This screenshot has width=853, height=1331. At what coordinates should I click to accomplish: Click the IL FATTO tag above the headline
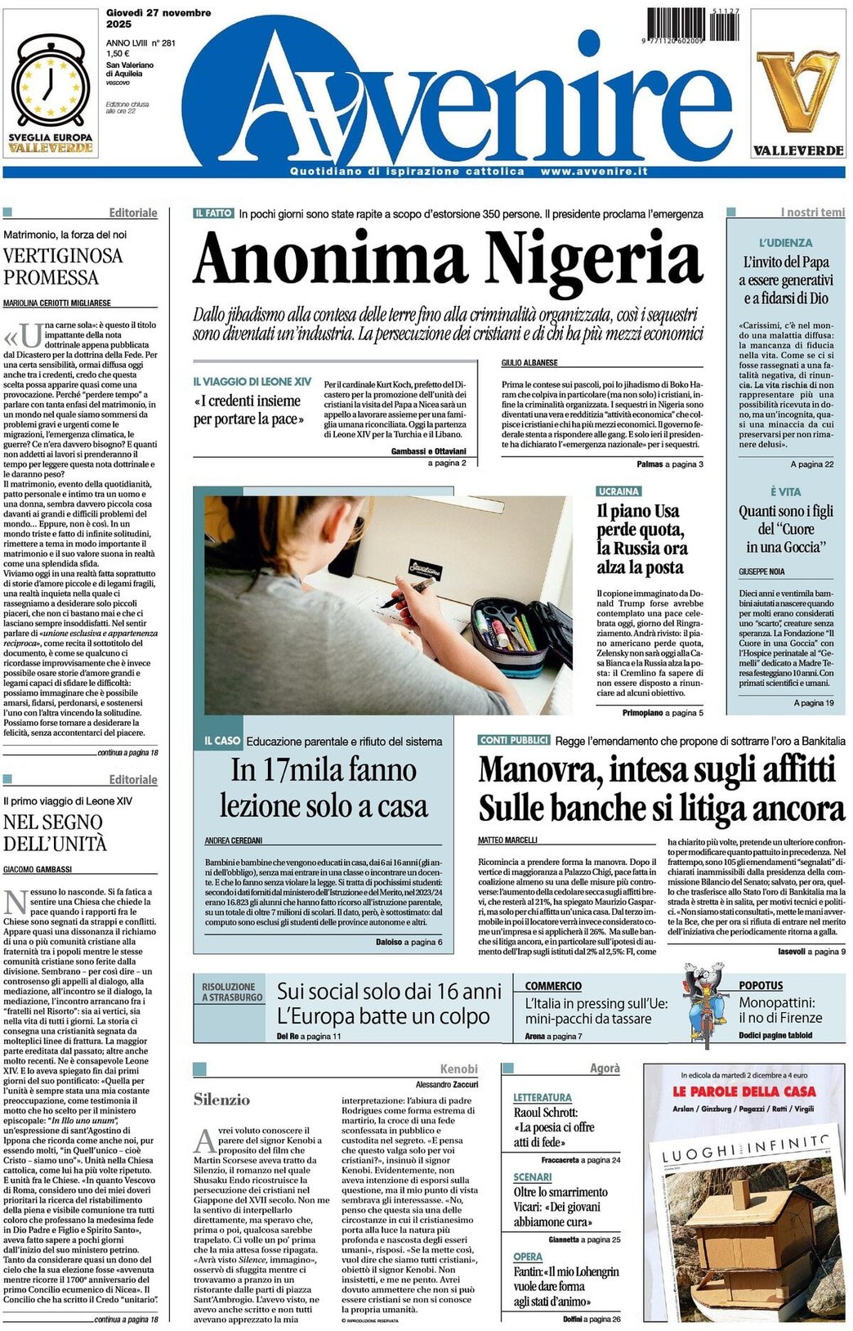coord(214,213)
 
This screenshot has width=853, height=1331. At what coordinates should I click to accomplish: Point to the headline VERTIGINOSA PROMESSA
coord(63,267)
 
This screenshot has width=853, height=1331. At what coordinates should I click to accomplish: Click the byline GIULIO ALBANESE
coord(529,362)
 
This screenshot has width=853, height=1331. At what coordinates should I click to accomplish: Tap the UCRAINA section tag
coord(619,491)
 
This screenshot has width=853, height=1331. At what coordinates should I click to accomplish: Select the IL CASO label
coord(222,741)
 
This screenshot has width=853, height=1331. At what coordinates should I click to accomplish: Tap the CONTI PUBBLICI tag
coord(514,740)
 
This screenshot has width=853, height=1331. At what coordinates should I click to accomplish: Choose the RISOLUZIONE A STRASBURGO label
coord(232,992)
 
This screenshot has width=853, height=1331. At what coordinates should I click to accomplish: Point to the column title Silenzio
coord(221,1100)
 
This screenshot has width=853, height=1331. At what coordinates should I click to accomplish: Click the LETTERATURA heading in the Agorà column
coord(542,1097)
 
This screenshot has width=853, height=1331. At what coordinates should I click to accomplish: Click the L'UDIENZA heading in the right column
coord(785,243)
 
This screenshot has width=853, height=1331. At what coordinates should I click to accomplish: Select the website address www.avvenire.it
coord(594,172)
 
